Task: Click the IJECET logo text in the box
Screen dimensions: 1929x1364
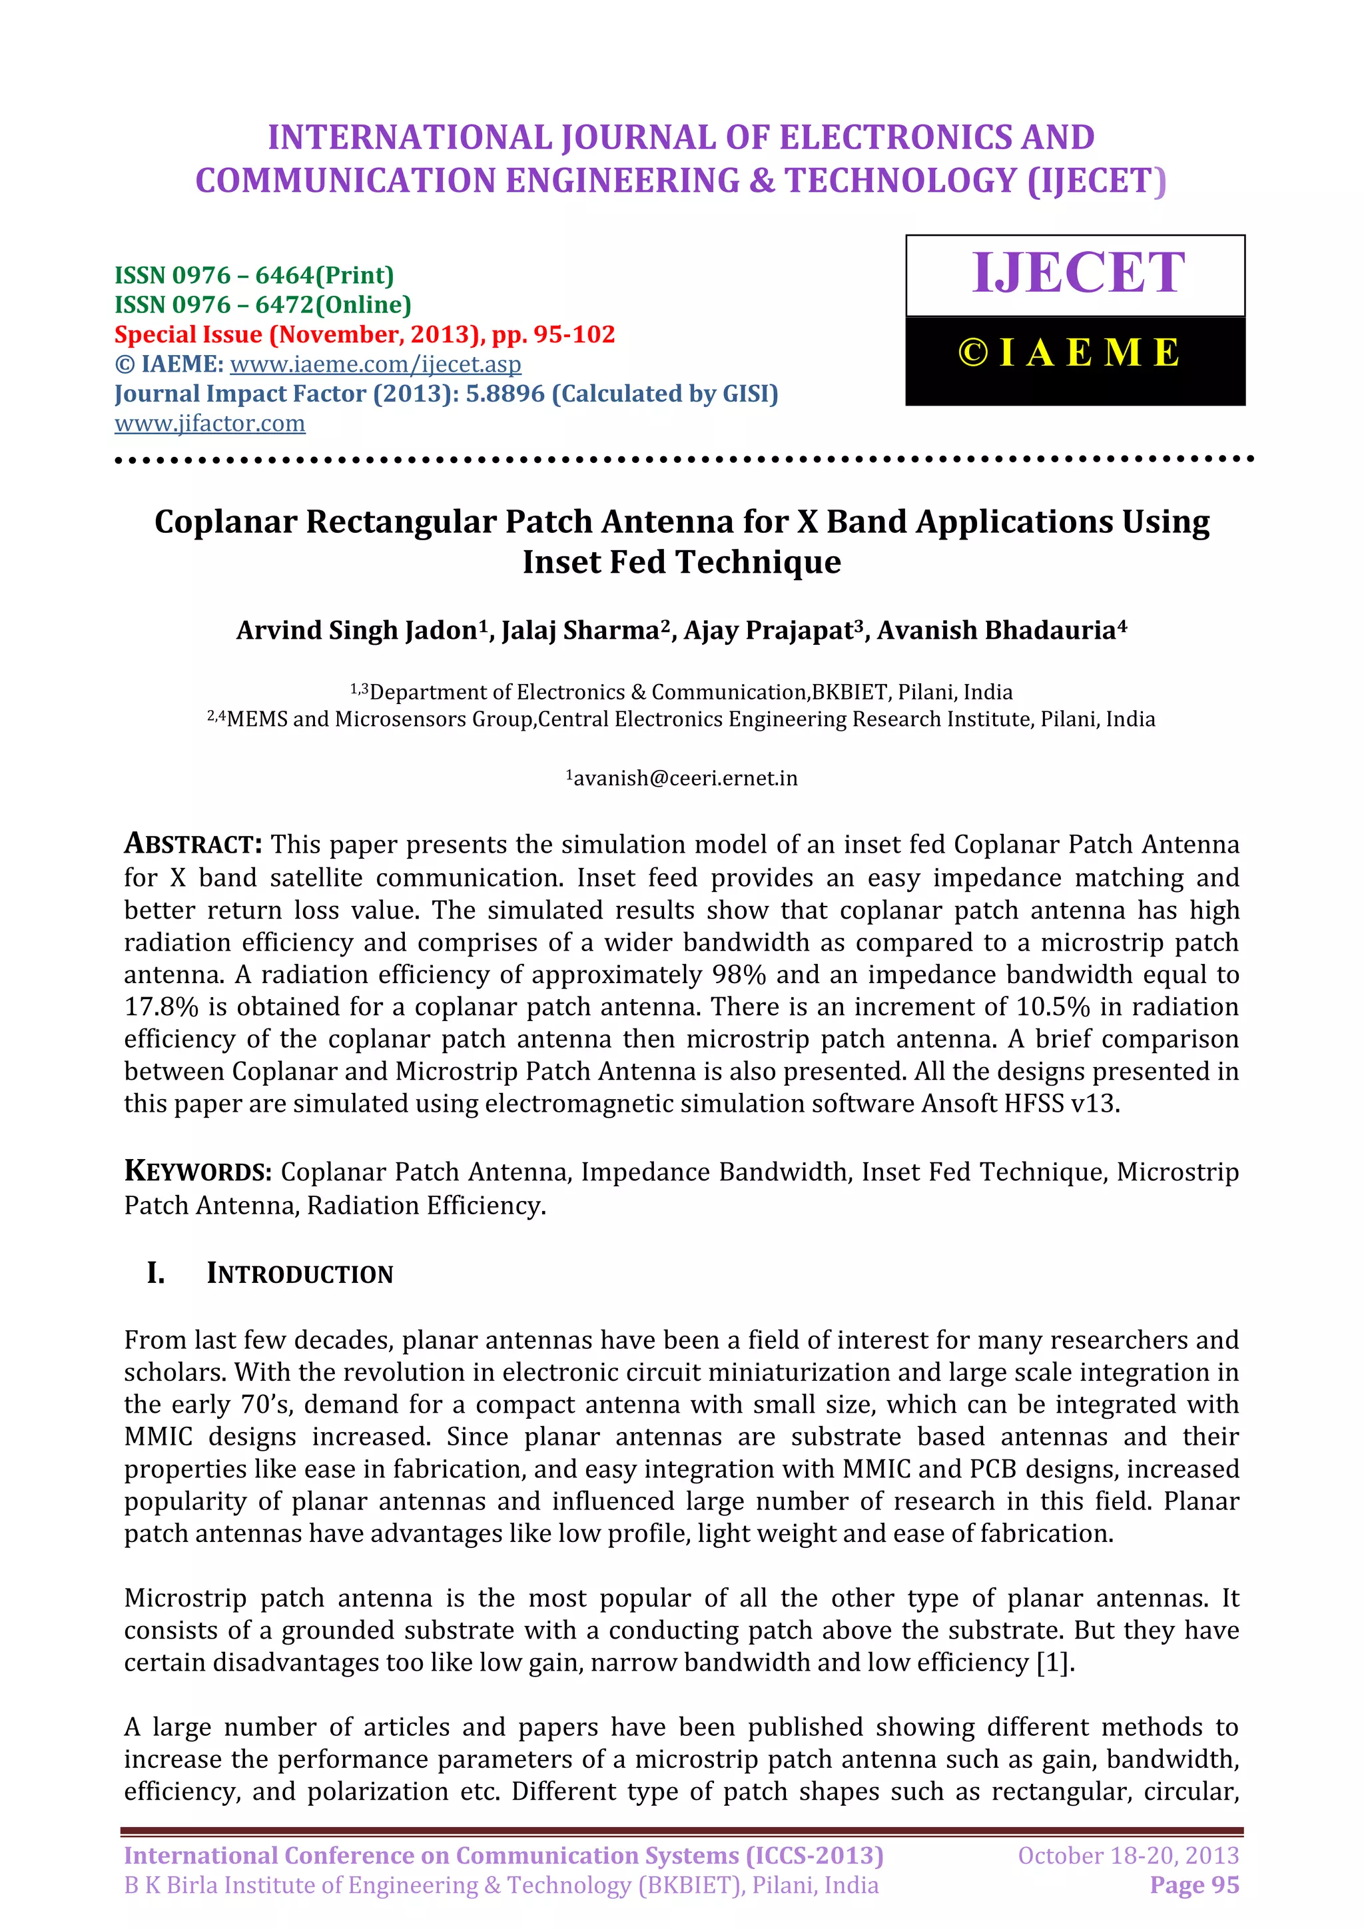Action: [1078, 273]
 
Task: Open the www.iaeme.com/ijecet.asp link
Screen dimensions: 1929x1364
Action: [376, 364]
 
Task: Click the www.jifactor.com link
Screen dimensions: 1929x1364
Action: [210, 424]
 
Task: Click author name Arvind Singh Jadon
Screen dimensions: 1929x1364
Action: [356, 630]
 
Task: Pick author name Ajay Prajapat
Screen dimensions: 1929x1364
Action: [768, 630]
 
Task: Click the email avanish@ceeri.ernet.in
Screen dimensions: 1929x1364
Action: [685, 778]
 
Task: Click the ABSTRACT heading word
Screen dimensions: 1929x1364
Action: [193, 843]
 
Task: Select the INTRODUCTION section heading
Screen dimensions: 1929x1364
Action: [299, 1274]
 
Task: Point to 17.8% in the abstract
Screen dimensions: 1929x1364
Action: [161, 1006]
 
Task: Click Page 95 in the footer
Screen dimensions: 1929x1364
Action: [1194, 1884]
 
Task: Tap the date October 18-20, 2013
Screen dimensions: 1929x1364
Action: [1128, 1855]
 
